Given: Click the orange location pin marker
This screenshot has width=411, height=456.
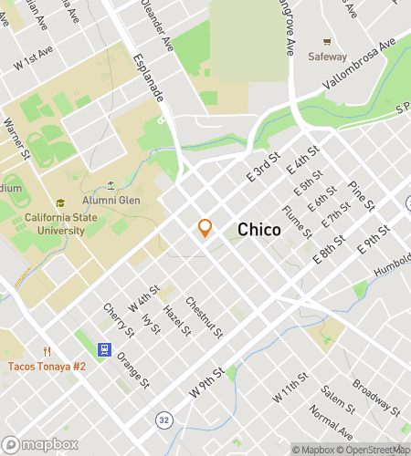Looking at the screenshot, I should (x=205, y=228).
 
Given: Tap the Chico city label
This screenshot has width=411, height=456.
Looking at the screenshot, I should (x=259, y=231).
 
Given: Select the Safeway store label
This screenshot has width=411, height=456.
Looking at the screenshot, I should (x=328, y=56).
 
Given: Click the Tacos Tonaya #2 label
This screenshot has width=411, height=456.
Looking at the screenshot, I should (x=47, y=366).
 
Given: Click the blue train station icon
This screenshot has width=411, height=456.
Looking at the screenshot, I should (x=105, y=349).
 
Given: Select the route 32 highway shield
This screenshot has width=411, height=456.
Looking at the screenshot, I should (x=163, y=420).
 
